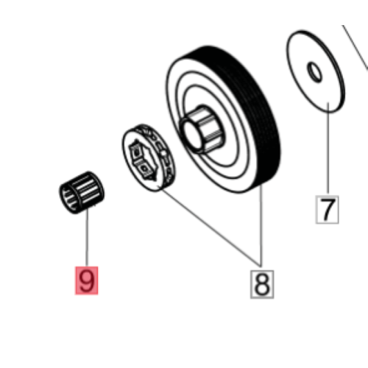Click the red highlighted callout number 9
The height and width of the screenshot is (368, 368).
click(x=87, y=280)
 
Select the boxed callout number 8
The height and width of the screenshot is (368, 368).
click(x=262, y=284)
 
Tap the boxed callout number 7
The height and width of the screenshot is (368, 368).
click(x=328, y=210)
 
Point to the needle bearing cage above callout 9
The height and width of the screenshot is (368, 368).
click(x=82, y=193)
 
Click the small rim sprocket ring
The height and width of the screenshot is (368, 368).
click(x=149, y=158)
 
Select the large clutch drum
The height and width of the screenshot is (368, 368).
click(x=223, y=119)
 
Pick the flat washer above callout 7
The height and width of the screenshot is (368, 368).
click(x=316, y=71)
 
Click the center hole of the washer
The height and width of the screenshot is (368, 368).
click(x=314, y=72)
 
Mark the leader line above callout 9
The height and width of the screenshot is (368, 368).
click(x=87, y=237)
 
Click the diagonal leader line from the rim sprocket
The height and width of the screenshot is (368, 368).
click(x=210, y=226)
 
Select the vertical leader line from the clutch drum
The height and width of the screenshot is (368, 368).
click(x=261, y=226)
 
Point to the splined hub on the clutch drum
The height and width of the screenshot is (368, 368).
click(x=201, y=130)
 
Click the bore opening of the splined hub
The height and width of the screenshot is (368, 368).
click(x=193, y=135)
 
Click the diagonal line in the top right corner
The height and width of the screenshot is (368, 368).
click(x=355, y=46)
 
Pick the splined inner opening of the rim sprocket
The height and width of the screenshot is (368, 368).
click(x=143, y=160)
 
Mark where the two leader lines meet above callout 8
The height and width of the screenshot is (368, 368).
click(x=261, y=266)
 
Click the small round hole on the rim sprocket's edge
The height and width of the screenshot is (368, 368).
click(x=164, y=154)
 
